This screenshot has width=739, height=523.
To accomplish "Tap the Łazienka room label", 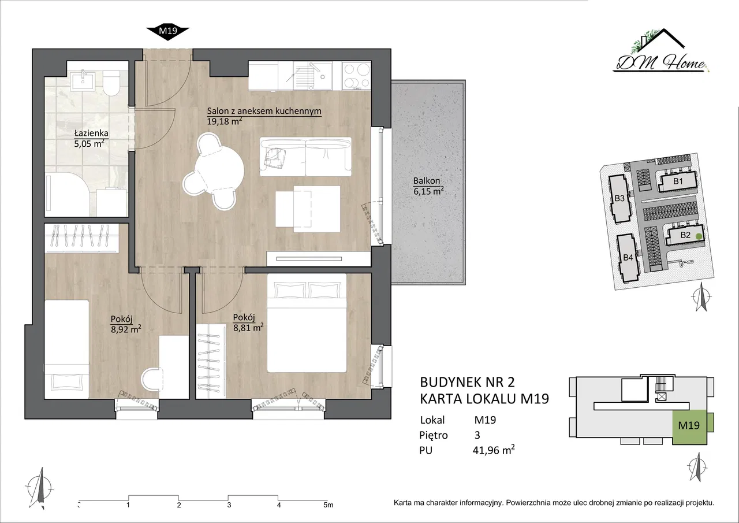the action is click(91, 133).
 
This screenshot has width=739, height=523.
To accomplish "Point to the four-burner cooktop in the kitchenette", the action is click(356, 76).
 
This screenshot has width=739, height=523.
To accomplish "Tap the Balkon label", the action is click(427, 181).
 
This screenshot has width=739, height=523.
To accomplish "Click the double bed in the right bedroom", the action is click(307, 323).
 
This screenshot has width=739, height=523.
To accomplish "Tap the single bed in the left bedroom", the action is click(66, 349).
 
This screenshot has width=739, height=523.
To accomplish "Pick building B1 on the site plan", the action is click(678, 181).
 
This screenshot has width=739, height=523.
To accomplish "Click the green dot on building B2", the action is click(699, 236).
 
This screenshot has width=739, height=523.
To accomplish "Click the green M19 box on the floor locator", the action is click(689, 426).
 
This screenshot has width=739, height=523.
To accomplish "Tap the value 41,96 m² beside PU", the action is click(494, 450).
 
